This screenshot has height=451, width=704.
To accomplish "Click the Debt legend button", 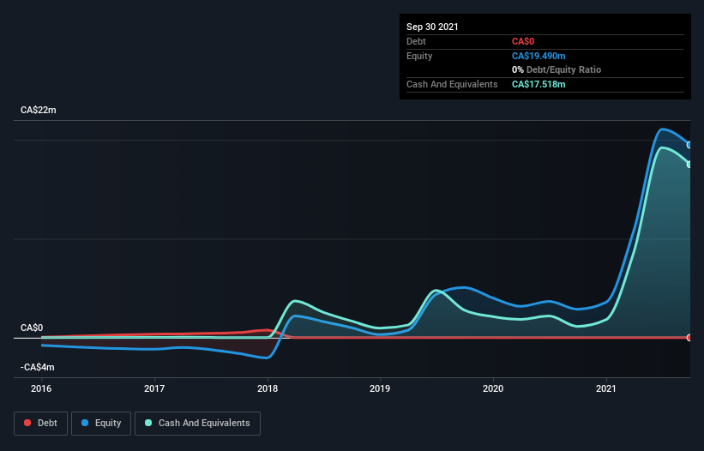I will coord(39,423).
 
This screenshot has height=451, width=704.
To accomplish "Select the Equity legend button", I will coord(101,423).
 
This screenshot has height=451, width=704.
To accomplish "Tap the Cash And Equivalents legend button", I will coord(197,423).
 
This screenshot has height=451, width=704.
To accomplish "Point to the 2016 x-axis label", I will coord(41,388).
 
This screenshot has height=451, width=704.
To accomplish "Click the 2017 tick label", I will coord(154,388).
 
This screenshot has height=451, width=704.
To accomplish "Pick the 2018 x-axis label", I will coord(268,388).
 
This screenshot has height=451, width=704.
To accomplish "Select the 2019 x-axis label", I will coord(381,388).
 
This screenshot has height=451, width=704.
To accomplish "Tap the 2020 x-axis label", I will coord(494,388).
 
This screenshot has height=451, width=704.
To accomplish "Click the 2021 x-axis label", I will coord(607,388).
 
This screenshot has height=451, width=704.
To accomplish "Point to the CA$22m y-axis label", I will coord(38,111).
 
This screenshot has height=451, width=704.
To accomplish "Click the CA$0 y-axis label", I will coord(32,328).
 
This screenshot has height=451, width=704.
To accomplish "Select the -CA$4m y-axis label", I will coord(37,367).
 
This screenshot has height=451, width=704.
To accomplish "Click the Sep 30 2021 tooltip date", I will coord(432,27).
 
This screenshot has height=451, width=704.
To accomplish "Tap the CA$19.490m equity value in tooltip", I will coord(539,56).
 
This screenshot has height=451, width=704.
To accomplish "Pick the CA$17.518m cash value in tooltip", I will coord(539,84).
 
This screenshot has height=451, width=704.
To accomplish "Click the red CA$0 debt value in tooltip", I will coord(523,41).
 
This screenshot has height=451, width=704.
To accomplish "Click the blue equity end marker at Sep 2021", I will coord(689,145).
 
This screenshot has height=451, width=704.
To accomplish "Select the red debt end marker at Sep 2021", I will coord(689,337).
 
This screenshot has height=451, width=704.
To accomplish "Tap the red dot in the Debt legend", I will coord(28,423).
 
